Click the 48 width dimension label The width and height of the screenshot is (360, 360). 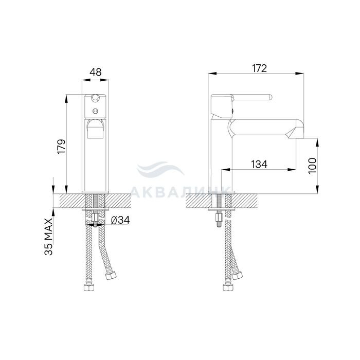click(x=95, y=72)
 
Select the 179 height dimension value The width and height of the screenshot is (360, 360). click(x=62, y=147)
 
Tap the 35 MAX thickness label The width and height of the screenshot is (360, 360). click(x=49, y=237)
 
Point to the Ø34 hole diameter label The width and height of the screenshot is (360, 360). click(x=120, y=220)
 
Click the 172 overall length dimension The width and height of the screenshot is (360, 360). click(x=259, y=68)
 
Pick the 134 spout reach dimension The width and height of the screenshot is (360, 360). click(x=259, y=165)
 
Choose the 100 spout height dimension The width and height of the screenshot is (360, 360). click(x=312, y=166)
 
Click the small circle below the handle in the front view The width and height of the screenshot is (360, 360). click(x=95, y=111)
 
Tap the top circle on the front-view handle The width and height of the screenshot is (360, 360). click(x=95, y=98)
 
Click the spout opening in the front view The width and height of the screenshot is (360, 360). click(x=95, y=130)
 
